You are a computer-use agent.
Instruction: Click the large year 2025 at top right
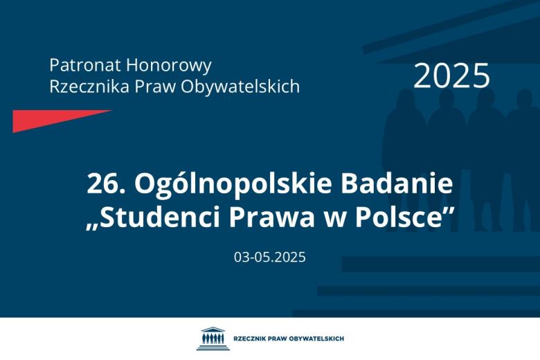(451, 75)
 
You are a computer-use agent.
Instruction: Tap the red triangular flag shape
(48, 120)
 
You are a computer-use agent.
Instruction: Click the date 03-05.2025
(269, 258)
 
